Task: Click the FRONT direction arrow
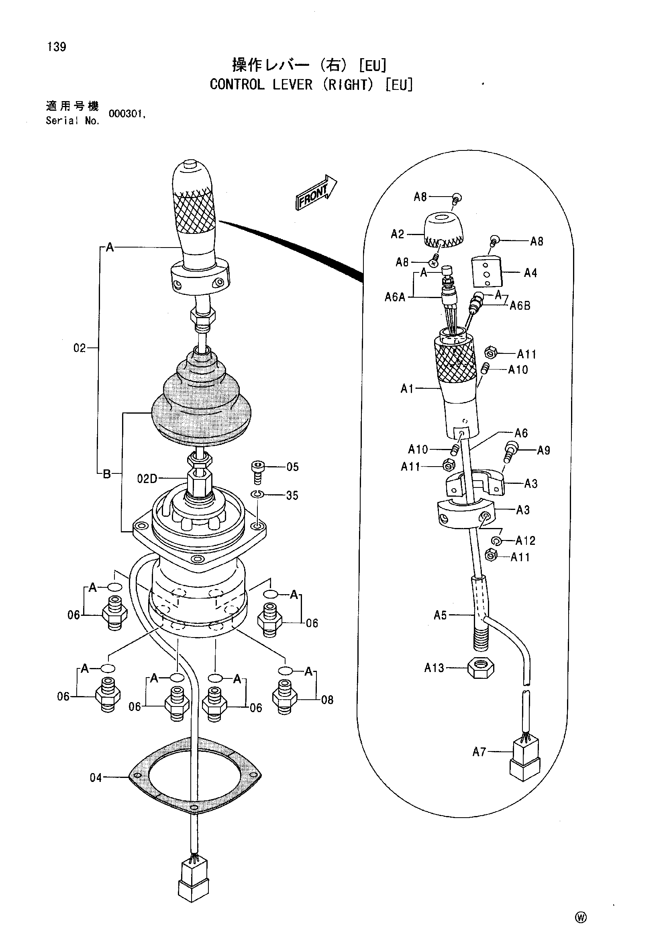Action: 316,193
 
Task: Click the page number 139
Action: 57,47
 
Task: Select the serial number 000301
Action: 126,114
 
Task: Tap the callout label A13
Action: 434,668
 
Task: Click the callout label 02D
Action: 147,478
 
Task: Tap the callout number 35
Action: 292,495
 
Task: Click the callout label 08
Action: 327,700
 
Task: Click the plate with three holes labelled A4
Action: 487,272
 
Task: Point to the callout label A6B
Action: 520,306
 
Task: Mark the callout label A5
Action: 441,615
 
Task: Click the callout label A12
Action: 526,540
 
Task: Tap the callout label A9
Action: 544,451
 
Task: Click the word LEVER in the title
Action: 293,85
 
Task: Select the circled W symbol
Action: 581,918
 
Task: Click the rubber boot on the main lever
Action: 201,397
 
